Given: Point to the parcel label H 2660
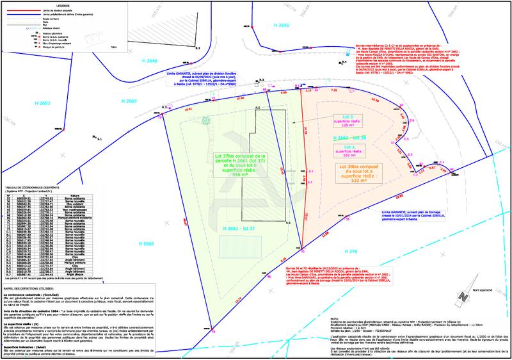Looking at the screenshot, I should [x=145, y=244].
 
